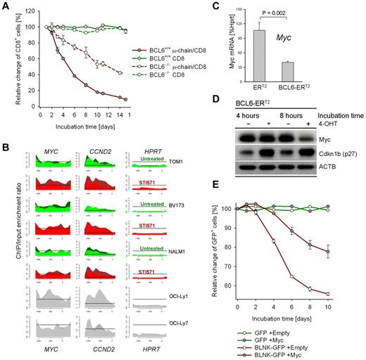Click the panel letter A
[6, 6]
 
